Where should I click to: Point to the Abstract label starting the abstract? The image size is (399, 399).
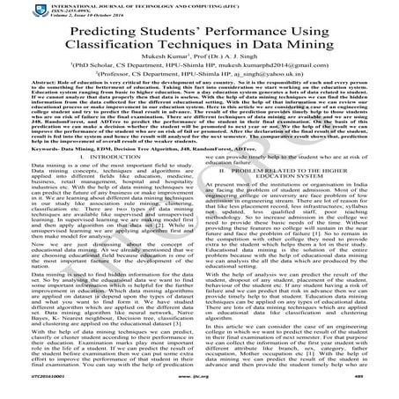[x=20, y=109]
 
